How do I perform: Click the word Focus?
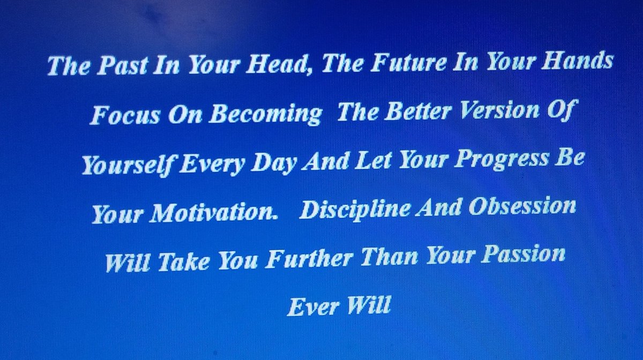124,115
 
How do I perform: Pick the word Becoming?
265,114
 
